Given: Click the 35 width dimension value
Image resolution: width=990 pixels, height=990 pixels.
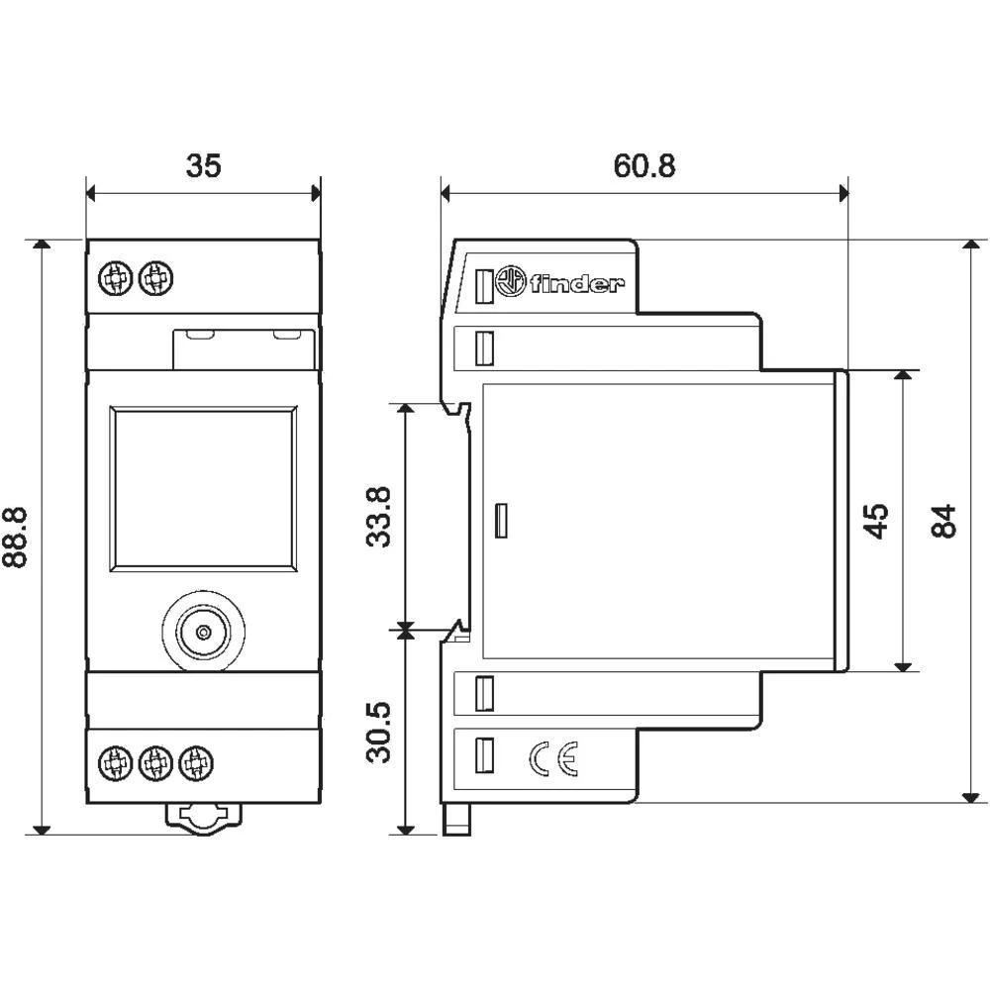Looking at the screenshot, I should (x=204, y=165).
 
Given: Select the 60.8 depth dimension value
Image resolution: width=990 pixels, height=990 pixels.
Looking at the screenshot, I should (x=644, y=165).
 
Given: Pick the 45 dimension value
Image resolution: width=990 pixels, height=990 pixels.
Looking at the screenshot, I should (x=875, y=520).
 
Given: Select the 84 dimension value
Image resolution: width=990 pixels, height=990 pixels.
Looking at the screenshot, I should (x=944, y=520).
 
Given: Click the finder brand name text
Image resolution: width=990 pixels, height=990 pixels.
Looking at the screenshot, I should (x=577, y=286).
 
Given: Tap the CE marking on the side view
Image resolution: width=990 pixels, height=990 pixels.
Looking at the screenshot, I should (x=552, y=759).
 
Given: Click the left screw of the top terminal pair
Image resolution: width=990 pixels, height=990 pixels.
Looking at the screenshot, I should (x=116, y=279).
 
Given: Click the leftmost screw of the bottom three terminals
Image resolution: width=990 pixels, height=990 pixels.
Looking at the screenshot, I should (x=116, y=761).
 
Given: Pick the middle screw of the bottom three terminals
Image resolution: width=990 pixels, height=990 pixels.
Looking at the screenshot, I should (x=153, y=761).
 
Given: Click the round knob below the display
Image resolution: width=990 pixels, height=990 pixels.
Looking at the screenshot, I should (x=203, y=632).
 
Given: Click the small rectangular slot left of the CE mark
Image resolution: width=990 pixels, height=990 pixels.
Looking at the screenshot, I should (x=485, y=758).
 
